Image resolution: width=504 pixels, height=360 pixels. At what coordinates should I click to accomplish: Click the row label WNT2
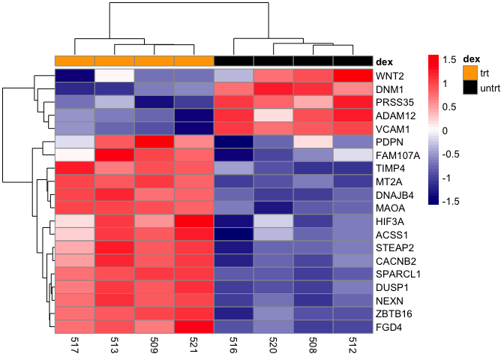tap(391, 76)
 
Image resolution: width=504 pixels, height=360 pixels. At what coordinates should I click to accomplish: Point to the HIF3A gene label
tap(392, 220)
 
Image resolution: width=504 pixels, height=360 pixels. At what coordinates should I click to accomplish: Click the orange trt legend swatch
tap(470, 71)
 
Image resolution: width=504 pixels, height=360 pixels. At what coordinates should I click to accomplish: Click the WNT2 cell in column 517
tap(75, 76)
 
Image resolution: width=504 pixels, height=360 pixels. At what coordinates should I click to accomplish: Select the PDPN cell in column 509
tap(154, 142)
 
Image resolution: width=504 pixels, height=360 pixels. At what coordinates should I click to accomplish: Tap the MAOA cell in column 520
tap(274, 207)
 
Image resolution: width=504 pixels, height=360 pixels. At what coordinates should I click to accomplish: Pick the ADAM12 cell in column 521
tap(194, 115)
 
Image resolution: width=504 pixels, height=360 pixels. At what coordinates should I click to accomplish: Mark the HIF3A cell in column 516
tap(234, 220)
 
